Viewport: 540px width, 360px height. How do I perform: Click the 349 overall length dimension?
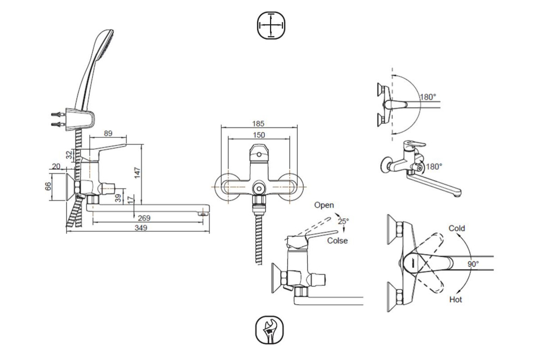pos(141,228)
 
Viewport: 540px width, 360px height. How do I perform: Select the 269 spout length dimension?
pos(144,218)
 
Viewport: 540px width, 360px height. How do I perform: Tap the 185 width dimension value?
pos(258,124)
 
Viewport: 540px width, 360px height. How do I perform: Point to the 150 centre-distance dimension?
pos(259,135)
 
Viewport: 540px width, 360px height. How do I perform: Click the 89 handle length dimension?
pos(108,133)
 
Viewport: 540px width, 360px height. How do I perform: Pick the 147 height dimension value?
pos(137,173)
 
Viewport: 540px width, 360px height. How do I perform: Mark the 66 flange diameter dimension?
pos(48,186)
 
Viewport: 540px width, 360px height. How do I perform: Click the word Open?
pos(324,205)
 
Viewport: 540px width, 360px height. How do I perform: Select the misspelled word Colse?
pos(337,240)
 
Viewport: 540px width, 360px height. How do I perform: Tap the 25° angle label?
pos(343,221)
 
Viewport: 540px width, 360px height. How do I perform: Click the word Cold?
pos(457,228)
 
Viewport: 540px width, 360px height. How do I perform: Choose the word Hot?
pos(455,300)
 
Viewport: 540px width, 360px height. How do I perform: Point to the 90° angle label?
pos(473,264)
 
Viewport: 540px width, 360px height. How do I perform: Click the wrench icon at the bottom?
pos(270,330)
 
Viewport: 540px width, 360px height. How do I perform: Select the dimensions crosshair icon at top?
pos(271,26)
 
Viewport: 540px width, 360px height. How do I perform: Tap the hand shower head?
pos(94,70)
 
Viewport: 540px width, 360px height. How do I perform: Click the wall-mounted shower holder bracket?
pos(80,119)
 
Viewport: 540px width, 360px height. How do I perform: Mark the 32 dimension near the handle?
pos(69,155)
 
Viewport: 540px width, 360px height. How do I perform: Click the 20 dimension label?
pos(56,166)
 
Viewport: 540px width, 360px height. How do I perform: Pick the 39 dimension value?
pos(118,198)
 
